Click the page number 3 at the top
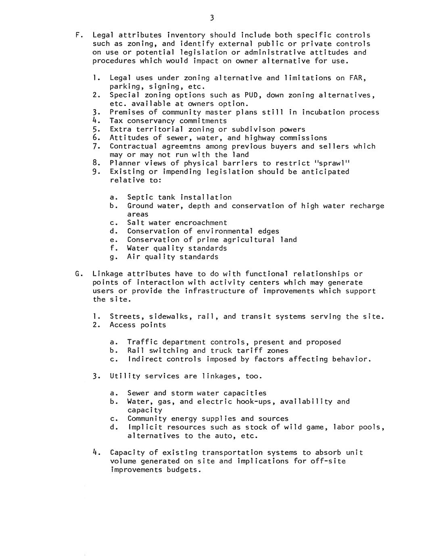point(212,18)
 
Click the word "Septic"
point(140,197)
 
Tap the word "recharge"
point(367,206)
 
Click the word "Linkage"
point(108,274)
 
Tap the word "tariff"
point(249,351)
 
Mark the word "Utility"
point(125,376)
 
